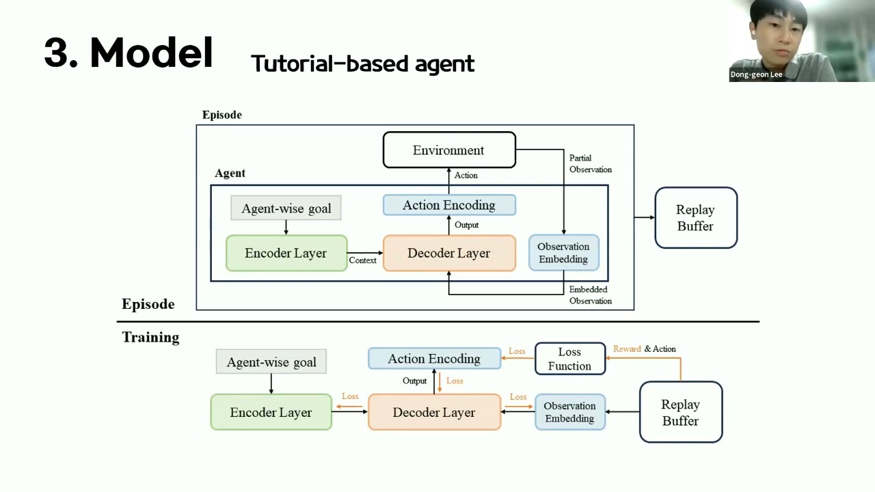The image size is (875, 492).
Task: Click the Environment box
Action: [449, 150]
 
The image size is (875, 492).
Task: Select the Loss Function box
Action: [569, 359]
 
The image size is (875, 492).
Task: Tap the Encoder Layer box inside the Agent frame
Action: [286, 253]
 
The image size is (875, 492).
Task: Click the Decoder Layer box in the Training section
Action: [434, 412]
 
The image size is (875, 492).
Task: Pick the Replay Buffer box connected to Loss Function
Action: [680, 412]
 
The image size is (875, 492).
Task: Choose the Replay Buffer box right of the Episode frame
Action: [695, 217]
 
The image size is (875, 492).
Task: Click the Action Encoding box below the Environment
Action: [449, 205]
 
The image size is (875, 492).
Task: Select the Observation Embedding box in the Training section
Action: [569, 412]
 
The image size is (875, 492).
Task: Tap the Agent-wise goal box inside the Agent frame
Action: [286, 208]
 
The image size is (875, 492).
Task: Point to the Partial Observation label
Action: [590, 163]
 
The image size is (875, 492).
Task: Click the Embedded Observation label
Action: [590, 295]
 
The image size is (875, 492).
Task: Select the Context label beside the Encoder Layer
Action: [362, 260]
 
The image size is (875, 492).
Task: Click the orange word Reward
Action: [627, 348]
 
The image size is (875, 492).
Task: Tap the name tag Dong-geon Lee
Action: [756, 74]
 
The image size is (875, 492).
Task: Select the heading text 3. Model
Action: [129, 53]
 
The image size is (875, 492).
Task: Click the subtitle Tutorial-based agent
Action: [362, 64]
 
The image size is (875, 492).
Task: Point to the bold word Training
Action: [150, 337]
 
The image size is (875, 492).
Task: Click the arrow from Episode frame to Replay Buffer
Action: [644, 217]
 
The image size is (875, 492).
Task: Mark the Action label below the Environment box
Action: [466, 176]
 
